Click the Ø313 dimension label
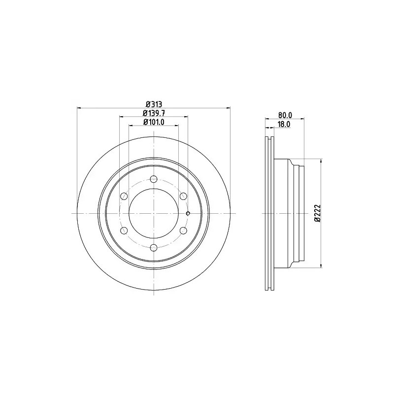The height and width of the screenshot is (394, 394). tap(154, 104)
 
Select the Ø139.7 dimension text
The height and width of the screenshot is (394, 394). tap(154, 113)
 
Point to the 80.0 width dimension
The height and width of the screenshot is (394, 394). tap(285, 115)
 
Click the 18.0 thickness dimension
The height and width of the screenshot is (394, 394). tap(284, 124)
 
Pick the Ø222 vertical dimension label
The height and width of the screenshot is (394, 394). tap(317, 213)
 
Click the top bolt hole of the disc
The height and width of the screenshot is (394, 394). tap(154, 179)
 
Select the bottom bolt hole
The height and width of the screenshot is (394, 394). tap(154, 248)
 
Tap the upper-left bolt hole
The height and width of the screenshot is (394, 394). tap(124, 196)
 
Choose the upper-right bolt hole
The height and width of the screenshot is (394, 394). tap(183, 196)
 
